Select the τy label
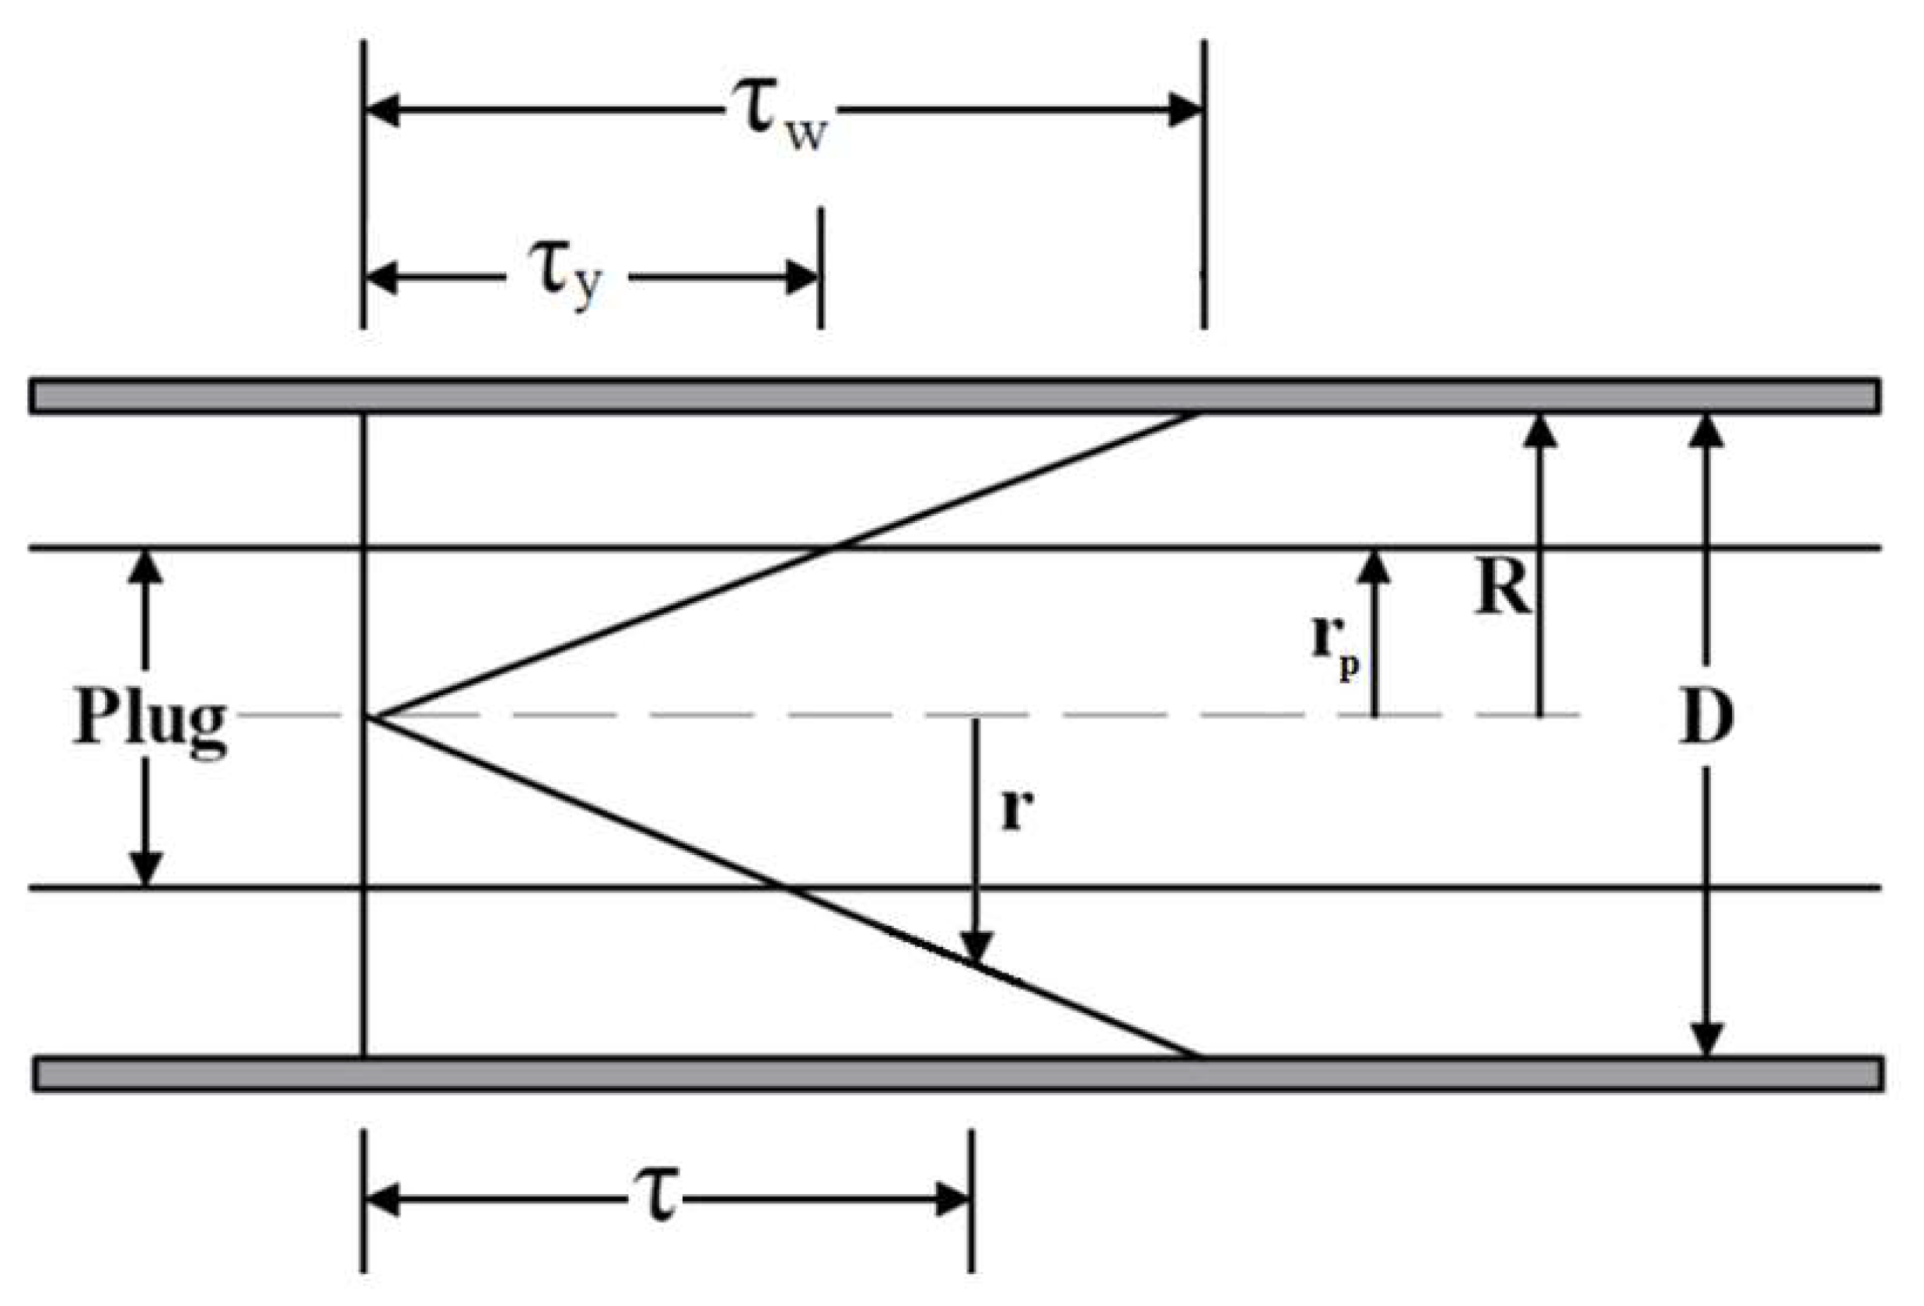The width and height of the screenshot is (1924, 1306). [x=566, y=280]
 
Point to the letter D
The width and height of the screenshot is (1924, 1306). [x=1706, y=718]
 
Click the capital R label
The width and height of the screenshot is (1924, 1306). [x=1503, y=591]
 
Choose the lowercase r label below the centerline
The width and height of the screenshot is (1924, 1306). [x=1018, y=811]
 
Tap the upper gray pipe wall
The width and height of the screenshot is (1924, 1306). [x=952, y=396]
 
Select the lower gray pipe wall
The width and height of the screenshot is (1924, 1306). [x=952, y=1074]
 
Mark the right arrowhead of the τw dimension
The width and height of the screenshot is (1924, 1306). [x=1184, y=110]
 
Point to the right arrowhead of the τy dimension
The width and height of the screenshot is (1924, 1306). [x=801, y=278]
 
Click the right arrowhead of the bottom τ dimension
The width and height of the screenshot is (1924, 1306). [x=952, y=1199]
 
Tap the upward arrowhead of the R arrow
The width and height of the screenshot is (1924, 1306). [x=1540, y=431]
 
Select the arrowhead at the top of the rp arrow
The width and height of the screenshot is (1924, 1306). [x=1375, y=565]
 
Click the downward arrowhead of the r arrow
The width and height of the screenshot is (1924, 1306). [x=977, y=947]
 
